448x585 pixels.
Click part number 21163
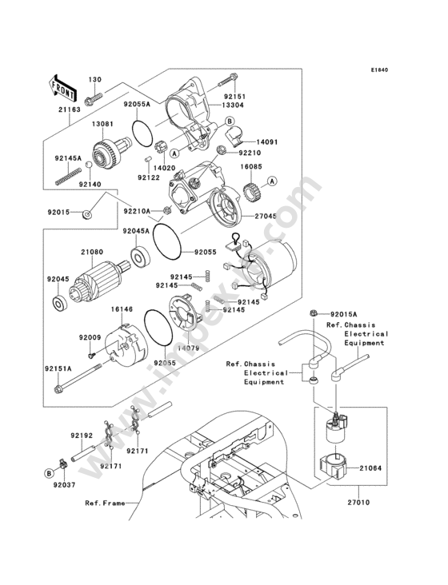[x=70, y=110]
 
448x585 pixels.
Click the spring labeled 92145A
[x=68, y=176]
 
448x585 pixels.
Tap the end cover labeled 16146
[x=125, y=344]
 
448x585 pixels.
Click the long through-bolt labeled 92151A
[x=79, y=380]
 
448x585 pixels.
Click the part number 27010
[x=358, y=502]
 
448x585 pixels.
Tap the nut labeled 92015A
[x=314, y=313]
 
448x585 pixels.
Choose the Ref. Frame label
[x=105, y=503]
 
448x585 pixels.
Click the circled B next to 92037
[x=49, y=474]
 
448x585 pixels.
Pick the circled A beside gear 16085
[x=272, y=181]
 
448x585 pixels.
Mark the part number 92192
[x=82, y=436]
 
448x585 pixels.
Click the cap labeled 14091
[x=235, y=135]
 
